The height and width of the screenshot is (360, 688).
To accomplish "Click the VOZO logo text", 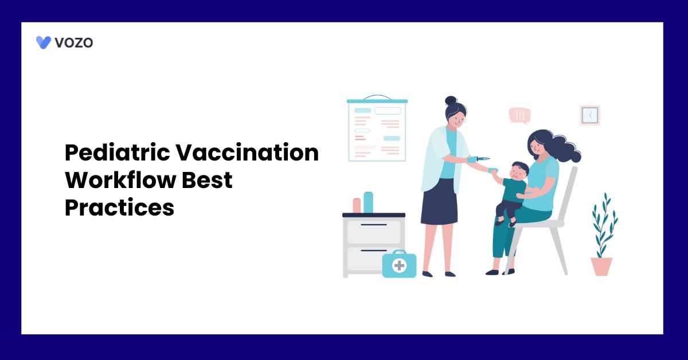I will tap(73, 42).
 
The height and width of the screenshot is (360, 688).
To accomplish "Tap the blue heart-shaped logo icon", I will tap(44, 42).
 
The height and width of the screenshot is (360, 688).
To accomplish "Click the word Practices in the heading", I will tap(119, 208).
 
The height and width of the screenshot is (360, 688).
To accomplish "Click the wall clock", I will tap(589, 115).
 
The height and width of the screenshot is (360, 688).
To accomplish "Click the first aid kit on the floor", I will tap(399, 264).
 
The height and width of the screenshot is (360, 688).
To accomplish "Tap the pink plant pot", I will tap(601, 267).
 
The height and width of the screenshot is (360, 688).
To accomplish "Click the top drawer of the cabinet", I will tap(374, 231).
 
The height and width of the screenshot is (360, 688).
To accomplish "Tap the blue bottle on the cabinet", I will tap(368, 202).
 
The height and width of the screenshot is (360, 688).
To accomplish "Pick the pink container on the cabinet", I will tap(357, 205).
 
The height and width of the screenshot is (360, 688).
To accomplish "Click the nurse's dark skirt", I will tap(439, 204).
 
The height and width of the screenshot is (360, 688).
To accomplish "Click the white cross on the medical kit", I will tap(399, 265).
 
